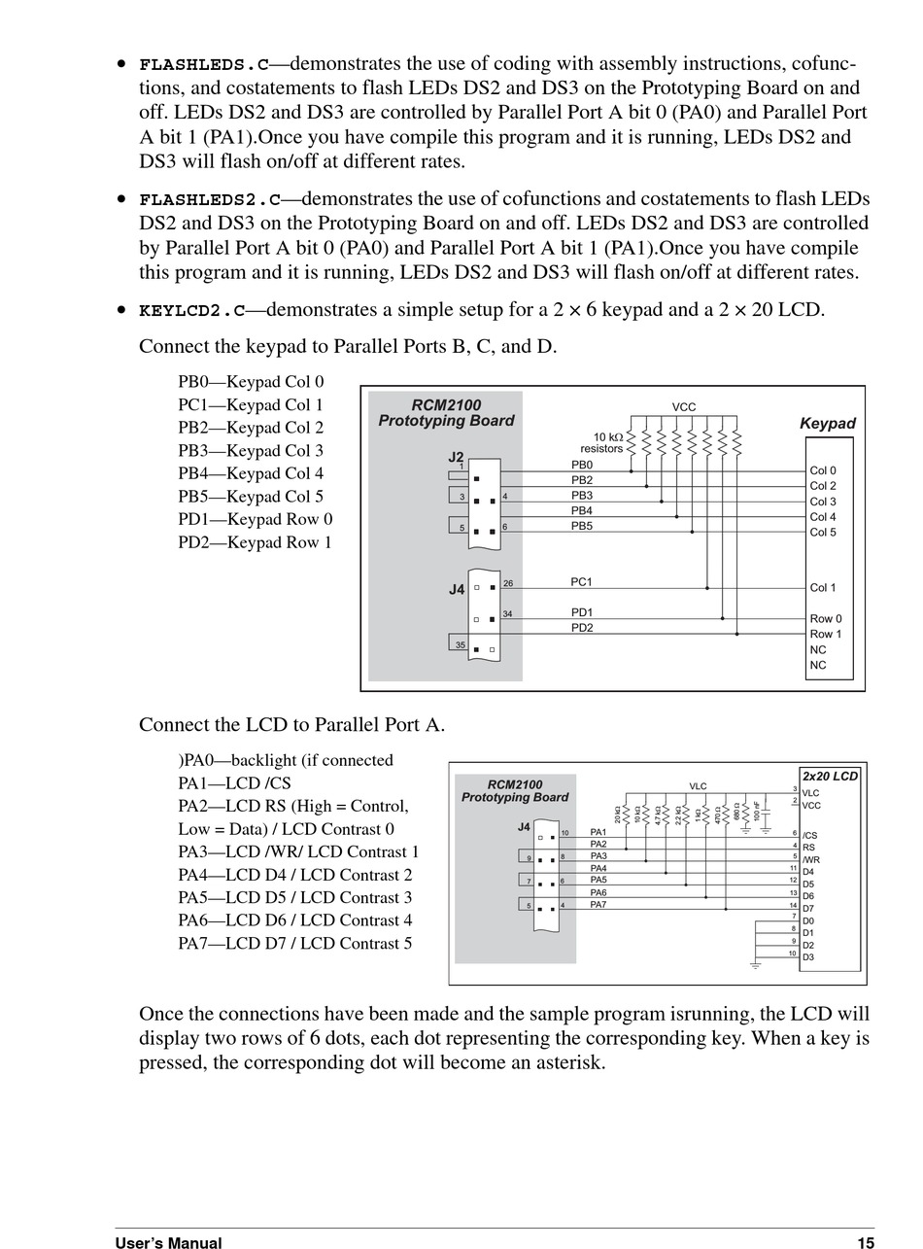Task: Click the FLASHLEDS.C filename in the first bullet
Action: tap(203, 65)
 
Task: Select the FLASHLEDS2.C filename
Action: tap(209, 200)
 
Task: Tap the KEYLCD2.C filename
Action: tap(191, 311)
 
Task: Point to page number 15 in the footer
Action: tap(866, 1242)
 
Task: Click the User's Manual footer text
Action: tap(168, 1242)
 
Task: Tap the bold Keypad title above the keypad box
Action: tap(827, 424)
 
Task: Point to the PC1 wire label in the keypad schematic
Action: tap(581, 582)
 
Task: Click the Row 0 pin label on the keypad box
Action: tap(826, 619)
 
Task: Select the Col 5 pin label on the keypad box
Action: tap(823, 533)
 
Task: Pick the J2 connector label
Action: tap(456, 457)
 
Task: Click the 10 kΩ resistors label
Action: tap(602, 443)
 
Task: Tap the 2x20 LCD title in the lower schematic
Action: tap(830, 777)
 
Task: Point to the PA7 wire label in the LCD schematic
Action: tap(598, 905)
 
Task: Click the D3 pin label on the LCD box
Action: tap(808, 957)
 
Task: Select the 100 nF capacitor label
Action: tap(757, 813)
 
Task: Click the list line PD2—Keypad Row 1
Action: tap(255, 542)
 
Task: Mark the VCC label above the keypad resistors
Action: tap(684, 407)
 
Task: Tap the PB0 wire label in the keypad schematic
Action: tap(582, 466)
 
